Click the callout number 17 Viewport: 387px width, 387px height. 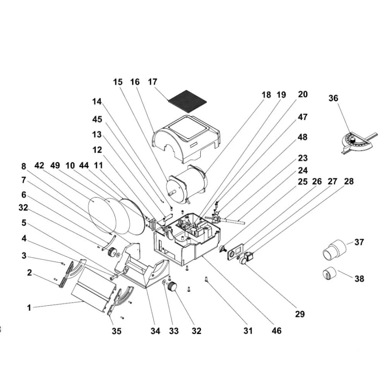152,82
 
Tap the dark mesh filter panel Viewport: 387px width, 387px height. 187,101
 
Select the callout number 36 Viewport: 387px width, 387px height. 333,98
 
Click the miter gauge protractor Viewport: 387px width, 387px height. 358,143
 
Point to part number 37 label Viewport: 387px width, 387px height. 359,242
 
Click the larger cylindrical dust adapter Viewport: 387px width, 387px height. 334,250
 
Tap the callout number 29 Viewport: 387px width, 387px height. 300,314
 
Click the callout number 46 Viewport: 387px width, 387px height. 276,331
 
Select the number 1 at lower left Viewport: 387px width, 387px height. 29,308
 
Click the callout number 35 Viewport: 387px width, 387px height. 116,331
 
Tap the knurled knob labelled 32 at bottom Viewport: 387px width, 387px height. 172,287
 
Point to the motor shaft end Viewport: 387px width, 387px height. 170,194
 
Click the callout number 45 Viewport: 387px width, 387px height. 97,120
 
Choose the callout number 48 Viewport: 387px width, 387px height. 303,137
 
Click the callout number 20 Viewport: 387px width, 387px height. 303,94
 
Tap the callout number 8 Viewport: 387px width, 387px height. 24,166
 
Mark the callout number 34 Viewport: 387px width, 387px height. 156,331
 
